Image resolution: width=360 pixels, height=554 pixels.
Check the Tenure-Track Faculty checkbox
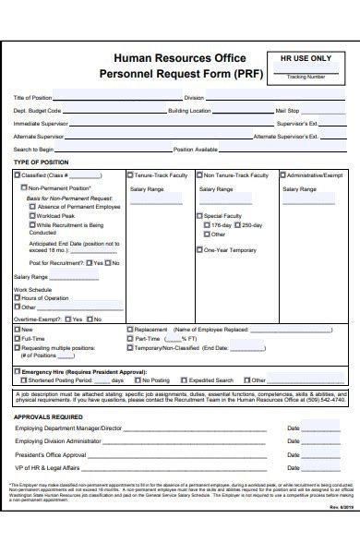point(130,175)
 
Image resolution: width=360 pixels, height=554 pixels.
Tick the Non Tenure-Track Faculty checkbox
point(198,175)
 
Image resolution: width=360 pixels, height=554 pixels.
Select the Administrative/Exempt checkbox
point(280,175)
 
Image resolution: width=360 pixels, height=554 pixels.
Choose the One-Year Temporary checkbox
point(198,249)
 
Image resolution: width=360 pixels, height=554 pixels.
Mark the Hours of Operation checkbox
point(17,298)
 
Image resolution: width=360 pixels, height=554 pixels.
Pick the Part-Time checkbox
point(130,338)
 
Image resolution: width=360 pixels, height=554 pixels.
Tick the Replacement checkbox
point(130,329)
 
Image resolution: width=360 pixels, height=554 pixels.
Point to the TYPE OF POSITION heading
point(42,163)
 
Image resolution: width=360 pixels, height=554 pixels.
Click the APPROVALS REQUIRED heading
point(48,416)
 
